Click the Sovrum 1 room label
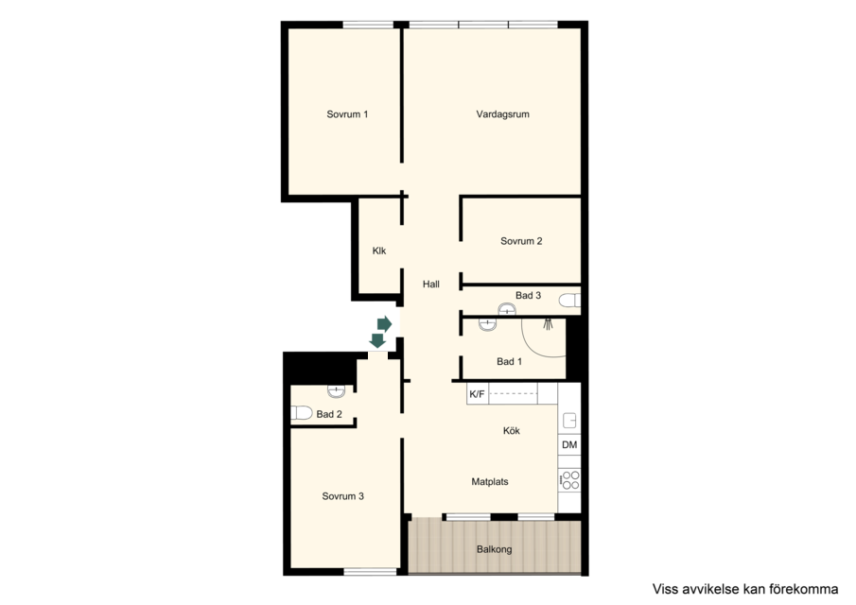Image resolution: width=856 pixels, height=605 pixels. pos(347,114)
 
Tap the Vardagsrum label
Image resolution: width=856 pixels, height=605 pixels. pos(503,114)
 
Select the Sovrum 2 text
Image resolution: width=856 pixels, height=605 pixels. pos(521,241)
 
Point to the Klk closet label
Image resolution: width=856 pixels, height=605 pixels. pos(379,251)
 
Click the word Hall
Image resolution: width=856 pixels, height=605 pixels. pos(431,285)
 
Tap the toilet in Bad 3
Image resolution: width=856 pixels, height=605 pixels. pos(570,300)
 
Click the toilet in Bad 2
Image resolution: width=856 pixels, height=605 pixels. pos(302,412)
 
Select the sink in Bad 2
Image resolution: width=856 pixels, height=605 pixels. pos(337,390)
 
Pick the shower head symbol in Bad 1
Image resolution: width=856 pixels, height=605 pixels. pos(548,323)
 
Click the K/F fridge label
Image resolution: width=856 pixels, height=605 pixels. pos(477,394)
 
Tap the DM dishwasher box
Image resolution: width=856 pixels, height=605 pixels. pos(569,445)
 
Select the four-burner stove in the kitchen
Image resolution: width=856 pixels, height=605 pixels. pos(570,479)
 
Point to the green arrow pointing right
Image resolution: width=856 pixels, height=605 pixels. pos(384,324)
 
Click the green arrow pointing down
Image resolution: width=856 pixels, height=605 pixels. pos(377,340)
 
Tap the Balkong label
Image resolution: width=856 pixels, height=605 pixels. pos(495,549)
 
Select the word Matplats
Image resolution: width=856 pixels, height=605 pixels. pos(490,482)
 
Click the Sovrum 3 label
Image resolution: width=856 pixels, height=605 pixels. pos(342,496)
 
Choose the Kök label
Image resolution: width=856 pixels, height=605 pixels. pos(512,431)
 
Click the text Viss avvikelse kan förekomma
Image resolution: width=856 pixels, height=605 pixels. pos(745,589)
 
